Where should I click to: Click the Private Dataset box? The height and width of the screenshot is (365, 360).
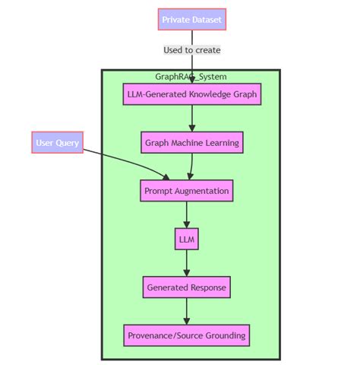click(x=192, y=19)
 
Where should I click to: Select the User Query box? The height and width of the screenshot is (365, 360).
click(x=57, y=142)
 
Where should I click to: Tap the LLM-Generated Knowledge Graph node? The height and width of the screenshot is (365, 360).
click(x=192, y=94)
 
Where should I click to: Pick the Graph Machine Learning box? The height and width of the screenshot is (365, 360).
click(x=192, y=142)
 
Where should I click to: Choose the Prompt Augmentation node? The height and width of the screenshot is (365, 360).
click(x=186, y=190)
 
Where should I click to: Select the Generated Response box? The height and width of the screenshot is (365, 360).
click(x=186, y=287)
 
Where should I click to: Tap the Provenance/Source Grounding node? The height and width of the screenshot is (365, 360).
click(x=186, y=335)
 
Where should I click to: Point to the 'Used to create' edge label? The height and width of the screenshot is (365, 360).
click(x=192, y=50)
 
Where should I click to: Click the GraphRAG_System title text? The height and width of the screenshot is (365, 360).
click(x=191, y=76)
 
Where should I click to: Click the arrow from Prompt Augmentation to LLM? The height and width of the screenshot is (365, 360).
click(x=186, y=214)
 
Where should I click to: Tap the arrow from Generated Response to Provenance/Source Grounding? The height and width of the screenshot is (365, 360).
click(x=186, y=311)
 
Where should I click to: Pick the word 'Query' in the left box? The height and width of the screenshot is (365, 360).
click(x=68, y=142)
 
